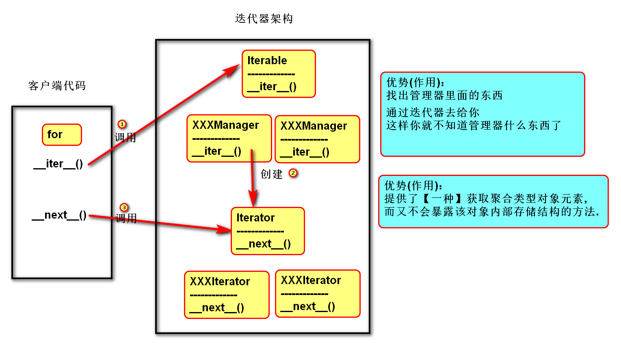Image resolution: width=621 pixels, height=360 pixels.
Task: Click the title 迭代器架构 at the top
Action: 264,19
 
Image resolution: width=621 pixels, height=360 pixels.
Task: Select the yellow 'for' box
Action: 62,134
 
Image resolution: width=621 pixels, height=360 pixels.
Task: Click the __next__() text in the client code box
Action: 59,215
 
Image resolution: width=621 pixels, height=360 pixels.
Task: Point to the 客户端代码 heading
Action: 57,86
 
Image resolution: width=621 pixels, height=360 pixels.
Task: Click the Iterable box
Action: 279,74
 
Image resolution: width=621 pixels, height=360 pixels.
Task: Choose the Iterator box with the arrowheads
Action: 268,231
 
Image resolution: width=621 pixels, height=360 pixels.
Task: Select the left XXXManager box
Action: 229,138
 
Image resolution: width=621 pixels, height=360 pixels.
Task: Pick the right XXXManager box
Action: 317,139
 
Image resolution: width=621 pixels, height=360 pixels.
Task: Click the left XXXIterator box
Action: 227,295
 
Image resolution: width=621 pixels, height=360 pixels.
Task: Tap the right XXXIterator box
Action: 318,293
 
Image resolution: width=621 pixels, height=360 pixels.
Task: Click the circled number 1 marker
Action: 122,124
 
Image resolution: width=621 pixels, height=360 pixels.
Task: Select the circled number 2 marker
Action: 293,173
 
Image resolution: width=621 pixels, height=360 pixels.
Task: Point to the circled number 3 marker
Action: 124,208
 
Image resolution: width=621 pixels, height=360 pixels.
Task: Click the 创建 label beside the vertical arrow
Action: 271,174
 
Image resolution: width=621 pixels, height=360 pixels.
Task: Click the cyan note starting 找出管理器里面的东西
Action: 483,114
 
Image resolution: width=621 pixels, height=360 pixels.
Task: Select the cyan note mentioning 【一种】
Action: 493,202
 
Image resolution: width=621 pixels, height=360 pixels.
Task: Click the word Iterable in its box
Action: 267,61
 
